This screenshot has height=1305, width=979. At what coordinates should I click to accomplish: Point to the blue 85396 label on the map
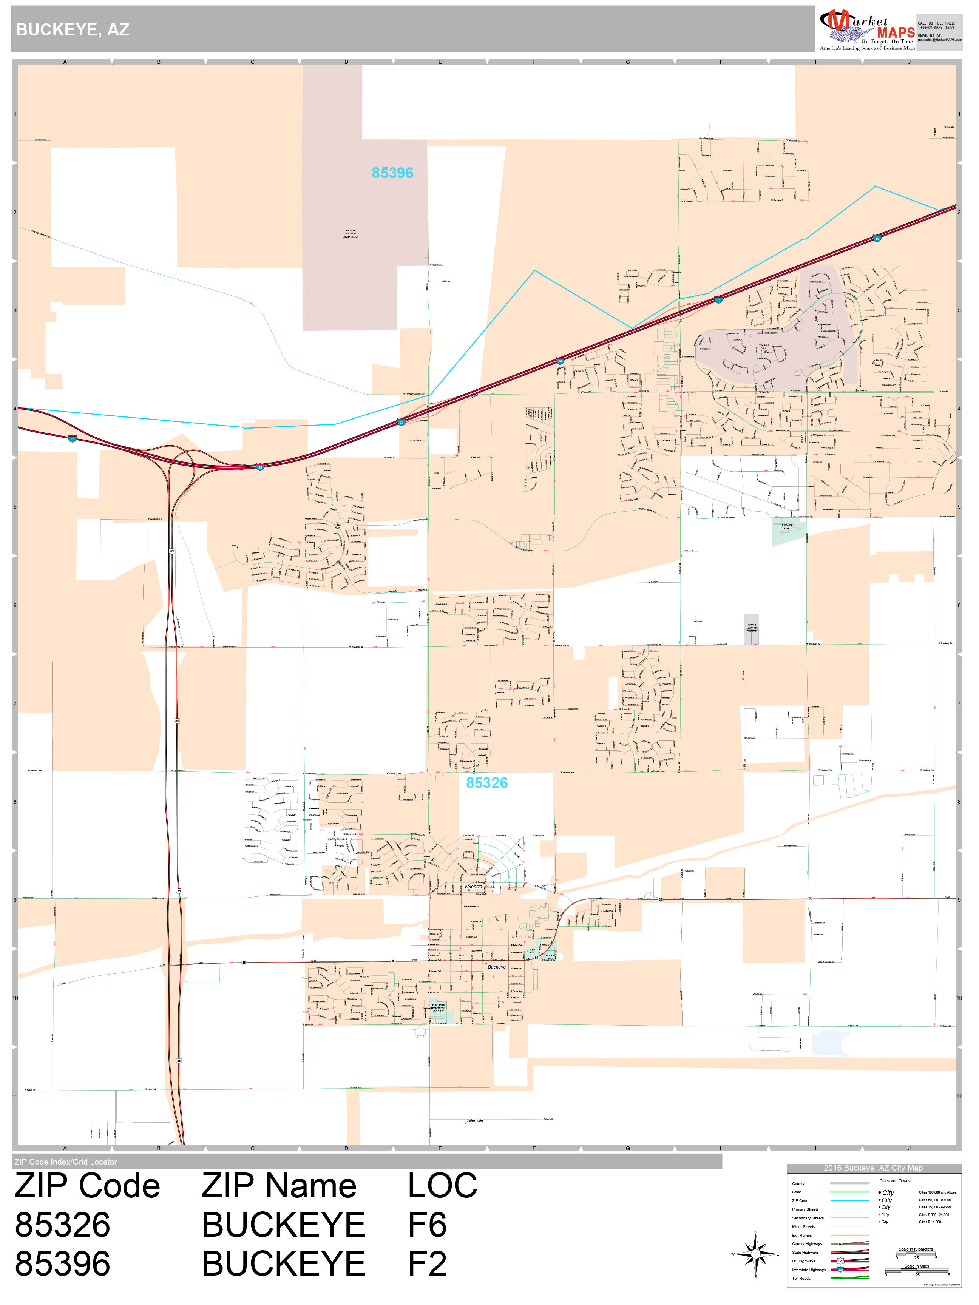coord(392,173)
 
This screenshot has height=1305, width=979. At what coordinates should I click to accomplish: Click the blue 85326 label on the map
coord(487,783)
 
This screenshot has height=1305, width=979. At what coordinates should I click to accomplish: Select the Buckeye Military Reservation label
coord(351,234)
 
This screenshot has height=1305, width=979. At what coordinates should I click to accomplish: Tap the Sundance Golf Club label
coord(764,348)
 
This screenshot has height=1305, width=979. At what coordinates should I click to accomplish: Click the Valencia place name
coord(473,887)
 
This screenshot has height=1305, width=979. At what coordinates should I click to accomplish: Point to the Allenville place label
coord(475,1120)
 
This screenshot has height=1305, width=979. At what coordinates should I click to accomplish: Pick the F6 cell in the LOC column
coord(427,1225)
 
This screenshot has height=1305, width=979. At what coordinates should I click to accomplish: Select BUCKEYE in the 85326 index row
coord(283,1225)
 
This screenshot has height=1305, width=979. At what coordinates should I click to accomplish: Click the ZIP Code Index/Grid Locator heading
coord(65,1162)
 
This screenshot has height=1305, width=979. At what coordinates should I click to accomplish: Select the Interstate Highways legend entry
coord(808,1270)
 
